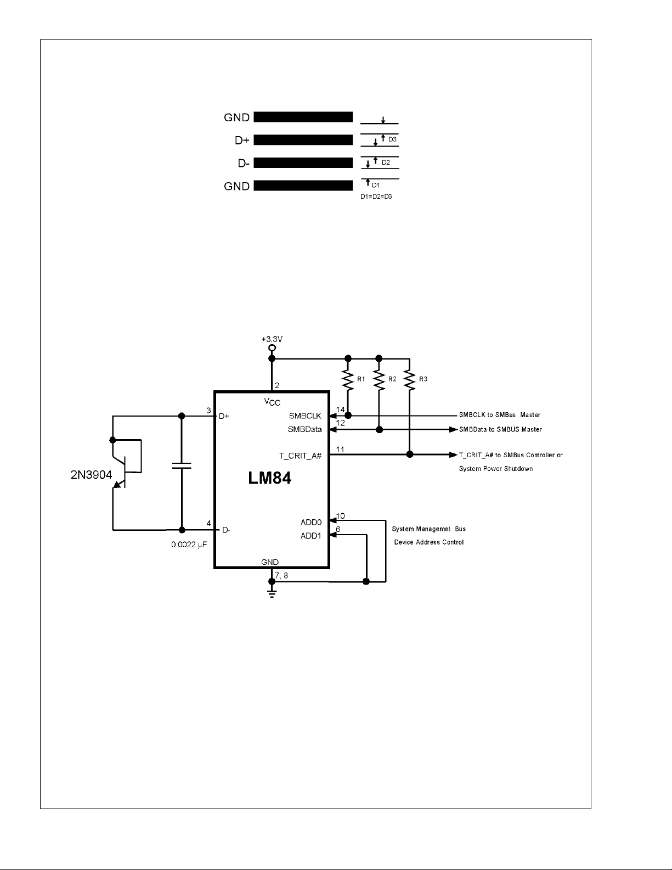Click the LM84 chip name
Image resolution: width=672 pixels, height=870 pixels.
pyautogui.click(x=269, y=478)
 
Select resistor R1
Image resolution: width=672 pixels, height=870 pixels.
pyautogui.click(x=348, y=379)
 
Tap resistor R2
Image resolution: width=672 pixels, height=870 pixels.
pyautogui.click(x=379, y=379)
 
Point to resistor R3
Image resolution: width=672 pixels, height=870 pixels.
pyautogui.click(x=410, y=379)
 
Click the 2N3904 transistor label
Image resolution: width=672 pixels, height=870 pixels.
pyautogui.click(x=91, y=474)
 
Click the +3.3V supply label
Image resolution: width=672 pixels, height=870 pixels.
pyautogui.click(x=272, y=340)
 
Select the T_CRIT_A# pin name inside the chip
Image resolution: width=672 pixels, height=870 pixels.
pyautogui.click(x=300, y=456)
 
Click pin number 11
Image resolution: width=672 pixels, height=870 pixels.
pyautogui.click(x=340, y=450)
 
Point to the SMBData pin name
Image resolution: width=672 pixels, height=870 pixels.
pyautogui.click(x=305, y=429)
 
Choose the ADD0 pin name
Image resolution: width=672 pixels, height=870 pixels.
pyautogui.click(x=311, y=522)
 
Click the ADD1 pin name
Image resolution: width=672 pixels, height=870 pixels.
pyautogui.click(x=311, y=536)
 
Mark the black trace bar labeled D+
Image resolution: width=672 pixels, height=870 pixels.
pyautogui.click(x=303, y=140)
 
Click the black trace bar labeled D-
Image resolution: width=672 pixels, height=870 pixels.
pyautogui.click(x=303, y=163)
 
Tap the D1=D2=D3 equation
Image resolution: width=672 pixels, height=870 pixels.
pyautogui.click(x=376, y=197)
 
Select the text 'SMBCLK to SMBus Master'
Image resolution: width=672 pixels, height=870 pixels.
pyautogui.click(x=500, y=415)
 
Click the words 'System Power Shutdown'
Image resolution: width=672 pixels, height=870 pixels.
pyautogui.click(x=496, y=469)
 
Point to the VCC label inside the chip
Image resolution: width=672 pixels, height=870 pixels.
pyautogui.click(x=272, y=402)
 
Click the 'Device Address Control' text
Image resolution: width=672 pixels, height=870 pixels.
pyautogui.click(x=429, y=542)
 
